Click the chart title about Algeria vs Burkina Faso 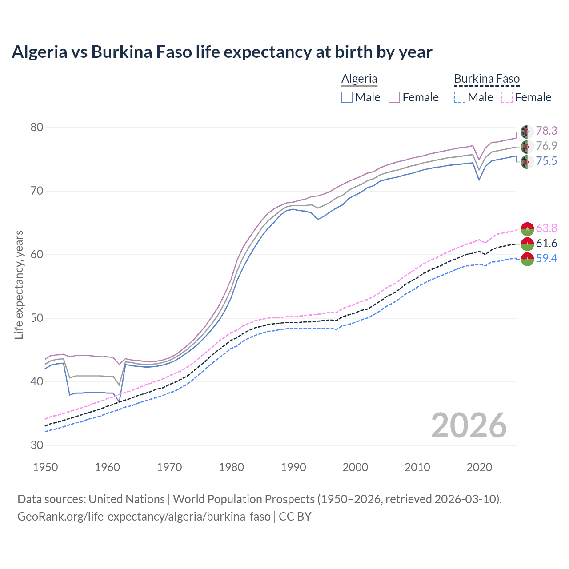point(222,52)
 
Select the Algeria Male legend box point(347,97)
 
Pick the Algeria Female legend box point(394,97)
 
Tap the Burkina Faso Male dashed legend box point(460,97)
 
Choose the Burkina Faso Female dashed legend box point(507,97)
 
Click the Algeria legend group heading point(359,79)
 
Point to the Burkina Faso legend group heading point(487,79)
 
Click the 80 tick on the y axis point(37,128)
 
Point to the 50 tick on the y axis point(37,318)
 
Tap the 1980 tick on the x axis point(231,467)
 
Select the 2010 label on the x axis point(417,467)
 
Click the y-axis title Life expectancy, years point(19,284)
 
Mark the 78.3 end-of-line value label point(546,131)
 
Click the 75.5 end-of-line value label point(546,161)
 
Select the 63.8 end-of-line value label point(546,228)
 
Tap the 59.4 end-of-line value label point(546,258)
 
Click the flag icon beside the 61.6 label point(527,244)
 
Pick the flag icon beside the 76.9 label point(527,146)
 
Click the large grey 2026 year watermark point(469,425)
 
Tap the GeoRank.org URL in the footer point(144,517)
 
